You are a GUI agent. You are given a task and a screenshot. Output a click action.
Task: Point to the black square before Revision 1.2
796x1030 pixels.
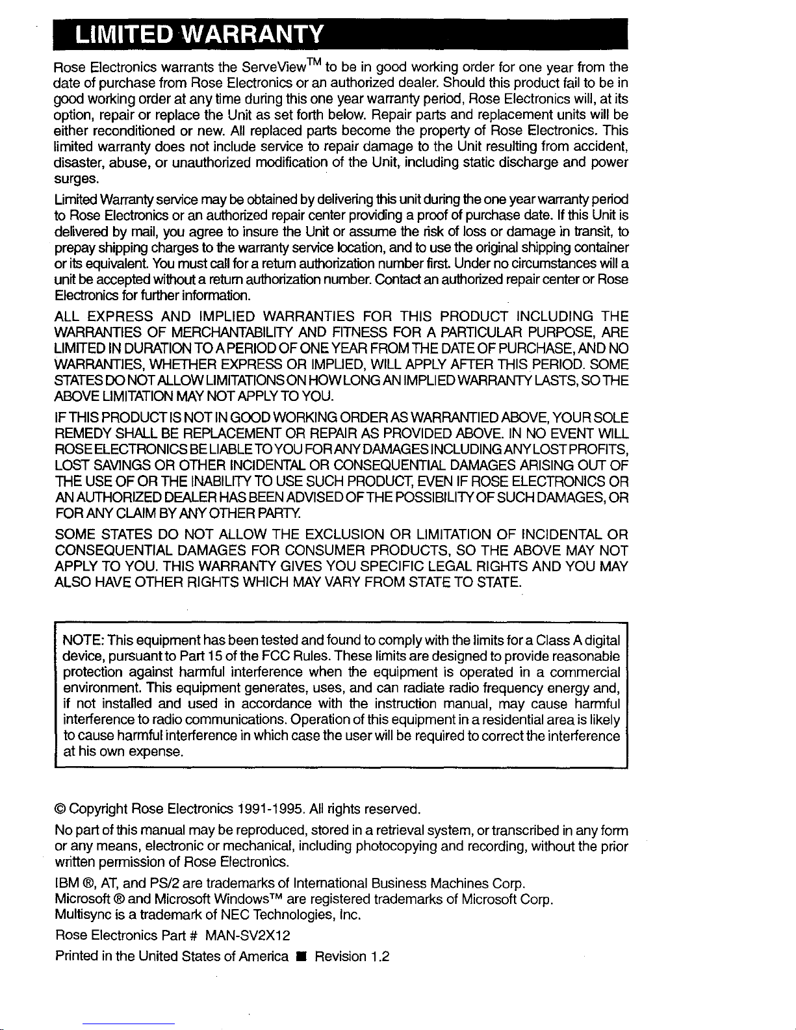302,957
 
